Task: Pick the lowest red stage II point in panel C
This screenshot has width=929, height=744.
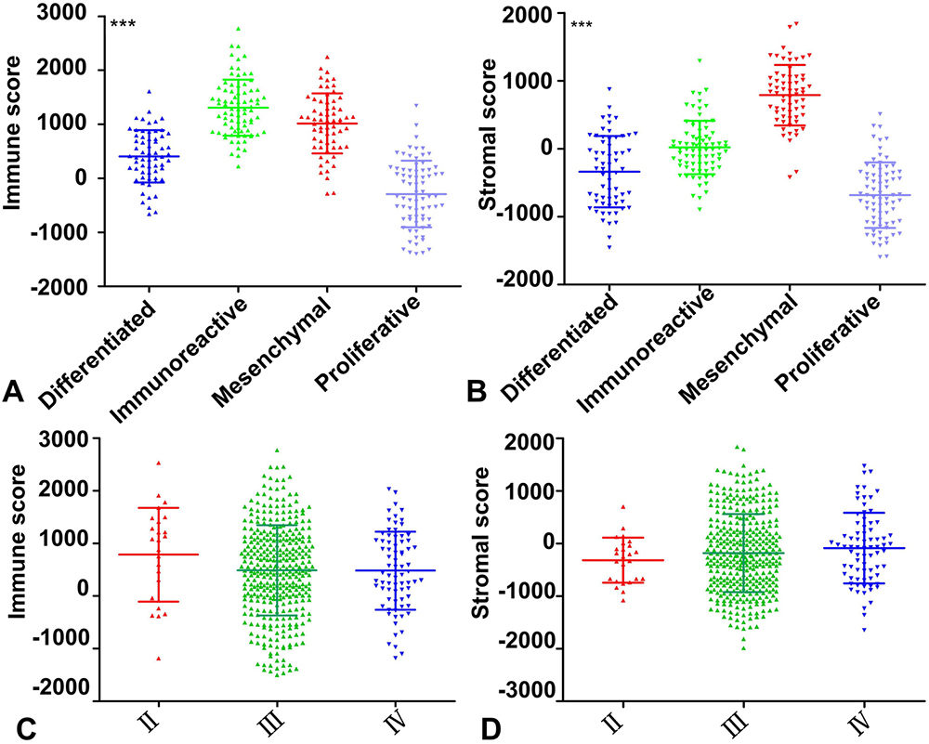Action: click(159, 659)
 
